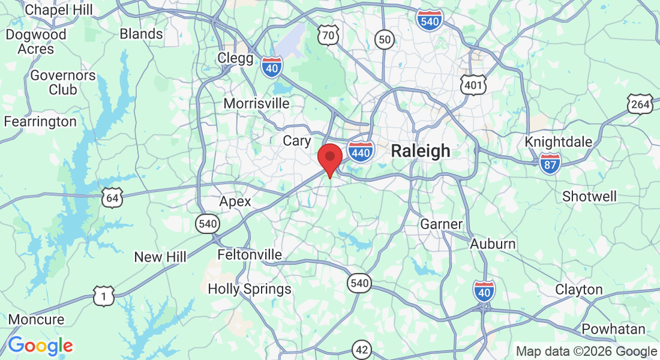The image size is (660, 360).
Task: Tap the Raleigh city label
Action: (420, 151)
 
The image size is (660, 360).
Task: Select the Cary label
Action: (297, 140)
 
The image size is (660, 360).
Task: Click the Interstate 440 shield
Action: (361, 152)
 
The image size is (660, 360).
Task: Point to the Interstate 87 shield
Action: (550, 163)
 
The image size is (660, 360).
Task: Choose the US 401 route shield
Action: (473, 85)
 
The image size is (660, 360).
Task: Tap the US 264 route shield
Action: (640, 105)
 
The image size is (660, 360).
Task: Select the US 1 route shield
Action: (104, 295)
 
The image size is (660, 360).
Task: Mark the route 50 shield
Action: (385, 40)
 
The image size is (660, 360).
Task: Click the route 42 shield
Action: (362, 349)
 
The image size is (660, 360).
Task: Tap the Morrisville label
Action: (256, 103)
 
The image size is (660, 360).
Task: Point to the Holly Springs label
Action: (250, 289)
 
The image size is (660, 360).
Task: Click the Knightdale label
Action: (559, 142)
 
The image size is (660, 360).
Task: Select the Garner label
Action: (441, 224)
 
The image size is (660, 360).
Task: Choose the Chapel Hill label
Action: (59, 10)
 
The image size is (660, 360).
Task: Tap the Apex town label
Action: (235, 202)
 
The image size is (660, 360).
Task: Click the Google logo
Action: (40, 346)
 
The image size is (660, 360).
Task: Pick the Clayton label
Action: (578, 289)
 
